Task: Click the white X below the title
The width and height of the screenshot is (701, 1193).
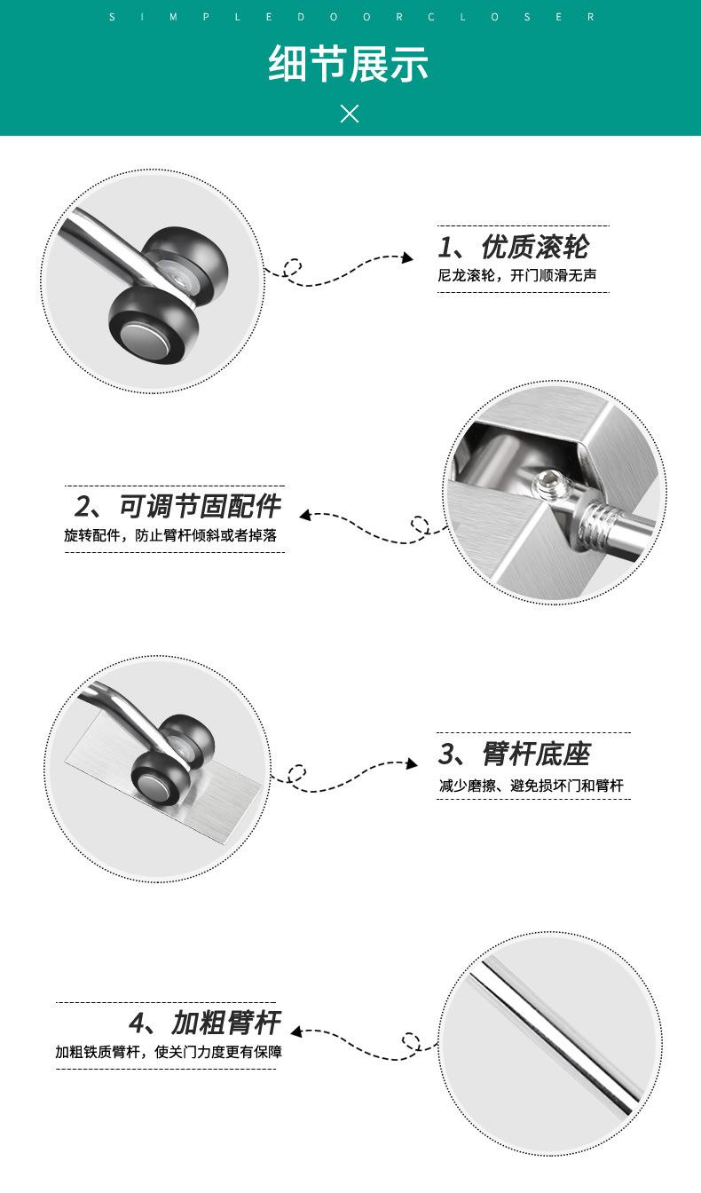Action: (350, 114)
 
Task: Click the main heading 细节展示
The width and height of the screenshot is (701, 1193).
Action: (348, 64)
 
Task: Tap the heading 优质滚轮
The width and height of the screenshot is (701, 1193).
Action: (535, 247)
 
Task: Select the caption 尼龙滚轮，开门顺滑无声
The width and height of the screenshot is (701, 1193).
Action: (516, 275)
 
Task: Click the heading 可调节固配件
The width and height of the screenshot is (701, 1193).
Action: (200, 506)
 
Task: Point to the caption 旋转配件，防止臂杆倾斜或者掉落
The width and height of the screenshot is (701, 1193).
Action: (170, 535)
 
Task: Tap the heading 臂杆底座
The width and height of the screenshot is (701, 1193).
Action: (537, 754)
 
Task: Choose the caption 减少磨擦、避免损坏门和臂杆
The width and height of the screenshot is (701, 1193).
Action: (531, 786)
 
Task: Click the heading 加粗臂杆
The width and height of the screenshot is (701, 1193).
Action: (225, 1023)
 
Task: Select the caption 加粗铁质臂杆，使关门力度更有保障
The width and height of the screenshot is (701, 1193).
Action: (169, 1052)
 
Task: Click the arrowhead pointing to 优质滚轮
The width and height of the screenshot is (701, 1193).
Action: (407, 257)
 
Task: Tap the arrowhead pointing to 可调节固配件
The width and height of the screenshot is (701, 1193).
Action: (305, 515)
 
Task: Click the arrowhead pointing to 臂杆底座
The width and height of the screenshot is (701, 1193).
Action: (412, 763)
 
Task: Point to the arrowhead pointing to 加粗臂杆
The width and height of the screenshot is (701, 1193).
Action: (296, 1031)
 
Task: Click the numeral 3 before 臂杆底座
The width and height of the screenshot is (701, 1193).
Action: (447, 755)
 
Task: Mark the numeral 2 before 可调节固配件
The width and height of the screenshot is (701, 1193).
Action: (83, 507)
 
